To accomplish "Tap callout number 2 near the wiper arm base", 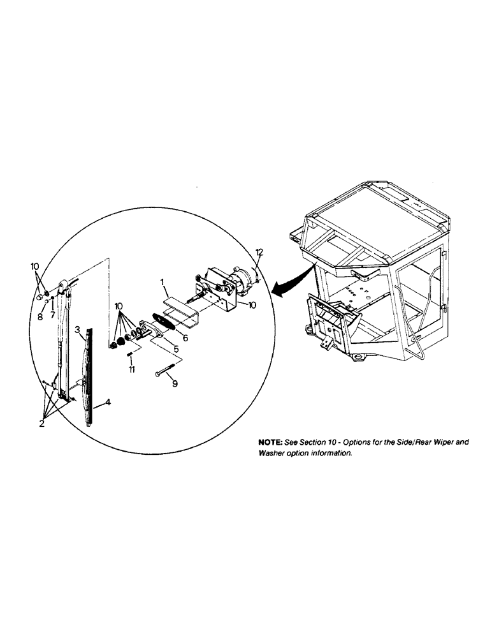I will [x=41, y=423].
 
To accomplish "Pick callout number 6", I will [x=185, y=338].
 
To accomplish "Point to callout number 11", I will [x=131, y=369].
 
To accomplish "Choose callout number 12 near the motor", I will [x=259, y=253].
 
